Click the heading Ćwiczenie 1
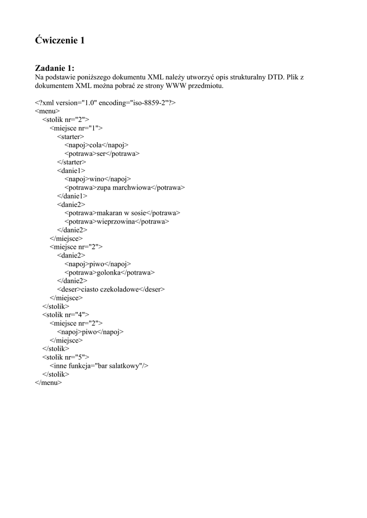60,40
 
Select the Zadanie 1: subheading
55,68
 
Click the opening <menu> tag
47,111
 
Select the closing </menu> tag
48,383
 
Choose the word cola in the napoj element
95,145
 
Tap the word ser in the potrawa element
101,153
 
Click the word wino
96,179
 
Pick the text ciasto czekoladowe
110,289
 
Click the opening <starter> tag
70,136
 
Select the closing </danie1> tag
72,196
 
